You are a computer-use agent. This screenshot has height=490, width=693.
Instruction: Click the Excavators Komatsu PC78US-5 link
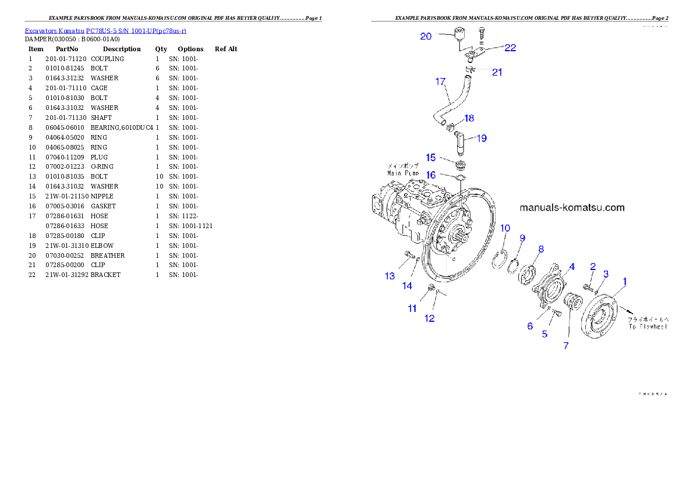click(105, 30)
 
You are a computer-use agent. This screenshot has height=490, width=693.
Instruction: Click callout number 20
click(426, 36)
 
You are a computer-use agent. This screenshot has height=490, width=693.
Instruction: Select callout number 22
click(510, 48)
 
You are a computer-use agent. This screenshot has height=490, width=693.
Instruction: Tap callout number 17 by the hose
click(440, 81)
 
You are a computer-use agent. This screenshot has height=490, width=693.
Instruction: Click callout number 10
click(505, 228)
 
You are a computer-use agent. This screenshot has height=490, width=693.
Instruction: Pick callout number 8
click(540, 249)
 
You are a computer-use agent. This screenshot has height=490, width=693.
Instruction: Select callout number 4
click(572, 267)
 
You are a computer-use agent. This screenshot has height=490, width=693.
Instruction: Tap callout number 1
click(625, 281)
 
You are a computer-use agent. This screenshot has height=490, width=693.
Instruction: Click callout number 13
click(390, 276)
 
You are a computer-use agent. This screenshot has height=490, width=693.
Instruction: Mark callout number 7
click(565, 346)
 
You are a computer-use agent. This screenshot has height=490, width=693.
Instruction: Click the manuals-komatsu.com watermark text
click(571, 207)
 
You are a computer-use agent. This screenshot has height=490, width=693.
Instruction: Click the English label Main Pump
click(403, 173)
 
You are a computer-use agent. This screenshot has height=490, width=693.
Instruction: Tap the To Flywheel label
click(648, 326)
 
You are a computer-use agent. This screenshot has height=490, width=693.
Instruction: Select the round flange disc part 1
click(600, 318)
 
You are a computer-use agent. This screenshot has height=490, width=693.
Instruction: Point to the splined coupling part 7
click(575, 304)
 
